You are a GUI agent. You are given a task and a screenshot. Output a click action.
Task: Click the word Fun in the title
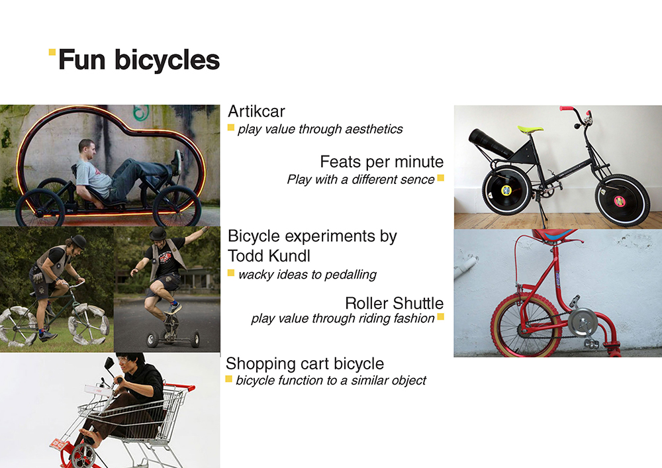[x=82, y=60]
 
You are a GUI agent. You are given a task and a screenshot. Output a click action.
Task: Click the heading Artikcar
[x=256, y=111]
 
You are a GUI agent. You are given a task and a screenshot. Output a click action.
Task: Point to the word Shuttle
[x=418, y=303]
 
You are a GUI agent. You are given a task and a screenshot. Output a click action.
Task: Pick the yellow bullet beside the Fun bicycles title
[x=52, y=52]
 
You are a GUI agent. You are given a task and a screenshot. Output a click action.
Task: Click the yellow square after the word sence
[x=440, y=177]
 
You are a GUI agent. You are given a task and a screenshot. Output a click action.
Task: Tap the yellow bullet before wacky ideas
[x=231, y=273]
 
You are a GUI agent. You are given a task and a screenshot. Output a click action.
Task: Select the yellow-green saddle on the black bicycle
[x=530, y=128]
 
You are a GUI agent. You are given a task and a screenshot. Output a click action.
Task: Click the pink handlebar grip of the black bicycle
[x=567, y=109]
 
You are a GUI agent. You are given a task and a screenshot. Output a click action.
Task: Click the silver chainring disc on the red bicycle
[x=581, y=322]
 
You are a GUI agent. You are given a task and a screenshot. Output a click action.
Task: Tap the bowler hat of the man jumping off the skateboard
[x=158, y=234]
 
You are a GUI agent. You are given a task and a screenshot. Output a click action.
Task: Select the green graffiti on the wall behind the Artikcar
[x=141, y=112]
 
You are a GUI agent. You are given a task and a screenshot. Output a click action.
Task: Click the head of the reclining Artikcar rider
[x=87, y=149]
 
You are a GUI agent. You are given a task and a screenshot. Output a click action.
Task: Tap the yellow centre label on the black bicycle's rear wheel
[x=506, y=191]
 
